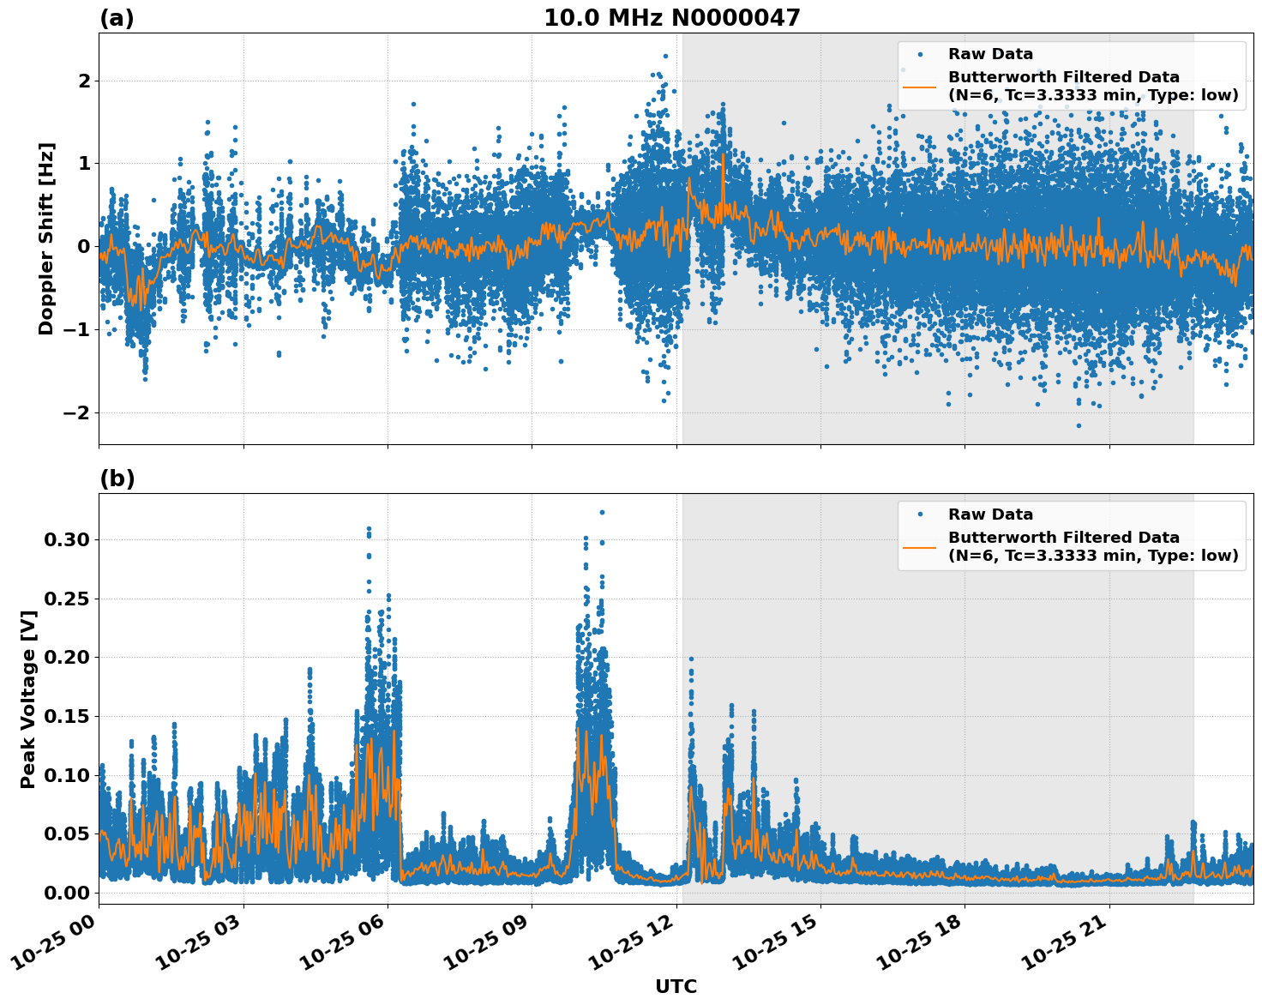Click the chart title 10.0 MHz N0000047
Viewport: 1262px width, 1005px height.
point(671,18)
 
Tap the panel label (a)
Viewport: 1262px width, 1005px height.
point(117,18)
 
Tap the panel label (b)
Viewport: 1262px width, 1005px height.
point(117,478)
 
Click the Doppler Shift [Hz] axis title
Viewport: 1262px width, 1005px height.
point(46,238)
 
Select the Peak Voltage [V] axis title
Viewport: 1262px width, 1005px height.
point(28,699)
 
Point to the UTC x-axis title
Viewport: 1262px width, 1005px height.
point(676,986)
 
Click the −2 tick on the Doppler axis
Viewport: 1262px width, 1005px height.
point(76,412)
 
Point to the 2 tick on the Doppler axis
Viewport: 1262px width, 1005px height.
point(84,81)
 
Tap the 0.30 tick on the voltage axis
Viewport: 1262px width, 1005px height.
point(66,539)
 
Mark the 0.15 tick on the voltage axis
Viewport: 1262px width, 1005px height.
point(66,716)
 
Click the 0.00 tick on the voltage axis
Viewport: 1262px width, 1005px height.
point(66,893)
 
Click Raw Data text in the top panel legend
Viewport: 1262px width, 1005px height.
point(990,54)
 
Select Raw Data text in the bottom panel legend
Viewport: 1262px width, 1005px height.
point(990,515)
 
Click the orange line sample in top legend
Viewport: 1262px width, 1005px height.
point(920,86)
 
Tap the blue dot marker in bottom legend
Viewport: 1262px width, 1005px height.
point(920,515)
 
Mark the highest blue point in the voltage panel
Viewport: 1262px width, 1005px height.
point(602,512)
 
